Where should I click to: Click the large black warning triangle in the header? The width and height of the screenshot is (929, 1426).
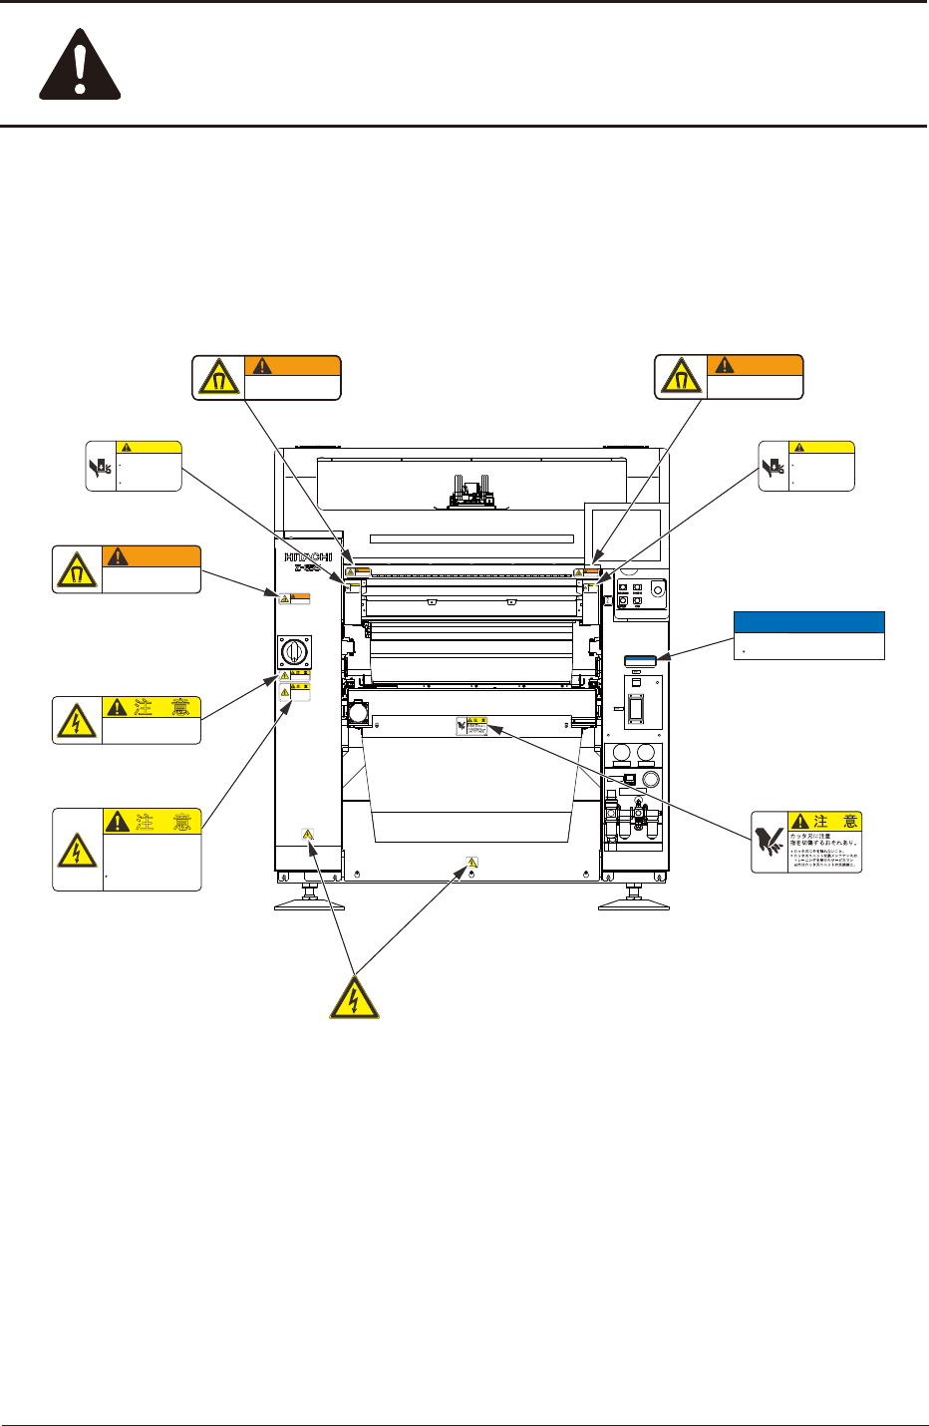pos(80,68)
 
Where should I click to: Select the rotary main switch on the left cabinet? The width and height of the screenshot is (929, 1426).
pos(295,654)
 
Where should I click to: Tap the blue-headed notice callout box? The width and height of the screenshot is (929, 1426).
pos(808,635)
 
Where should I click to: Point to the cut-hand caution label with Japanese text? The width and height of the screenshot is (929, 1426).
pos(805,842)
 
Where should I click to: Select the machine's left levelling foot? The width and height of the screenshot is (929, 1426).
pos(309,900)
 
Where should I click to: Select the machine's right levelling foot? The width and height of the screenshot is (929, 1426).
pos(633,900)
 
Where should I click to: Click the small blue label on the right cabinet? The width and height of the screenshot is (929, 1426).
pos(640,660)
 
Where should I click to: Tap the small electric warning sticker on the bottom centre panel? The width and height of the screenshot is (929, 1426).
pos(471,861)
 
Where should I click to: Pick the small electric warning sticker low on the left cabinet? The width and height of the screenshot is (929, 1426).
pos(308,834)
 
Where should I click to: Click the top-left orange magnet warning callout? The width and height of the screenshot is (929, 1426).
pos(266,377)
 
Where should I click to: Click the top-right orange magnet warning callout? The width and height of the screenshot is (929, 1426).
pos(729,377)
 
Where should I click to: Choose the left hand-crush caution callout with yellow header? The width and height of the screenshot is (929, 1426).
pos(134,466)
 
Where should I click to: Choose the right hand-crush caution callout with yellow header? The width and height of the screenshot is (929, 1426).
pos(806,466)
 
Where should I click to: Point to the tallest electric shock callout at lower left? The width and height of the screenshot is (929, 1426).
pos(127,850)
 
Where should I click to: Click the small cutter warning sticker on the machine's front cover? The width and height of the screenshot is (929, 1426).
pos(471,727)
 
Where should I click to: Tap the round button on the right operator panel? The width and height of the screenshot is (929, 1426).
pos(655,588)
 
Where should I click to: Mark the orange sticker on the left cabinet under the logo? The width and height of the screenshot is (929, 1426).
pos(293,598)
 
